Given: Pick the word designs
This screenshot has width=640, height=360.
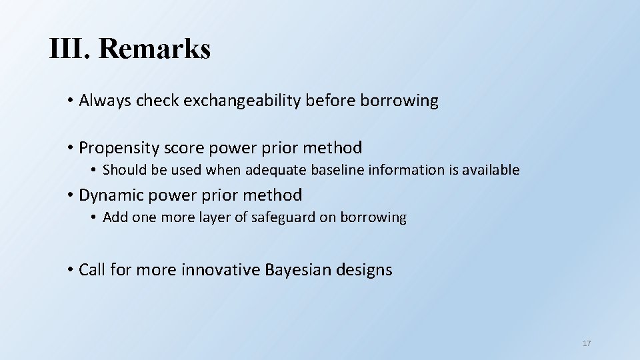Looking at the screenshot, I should point(364,270).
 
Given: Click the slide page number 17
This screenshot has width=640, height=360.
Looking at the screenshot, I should point(587,343).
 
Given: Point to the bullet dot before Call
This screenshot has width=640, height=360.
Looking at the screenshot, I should point(70,270).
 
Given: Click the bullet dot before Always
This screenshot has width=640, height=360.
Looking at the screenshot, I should point(70,101).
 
